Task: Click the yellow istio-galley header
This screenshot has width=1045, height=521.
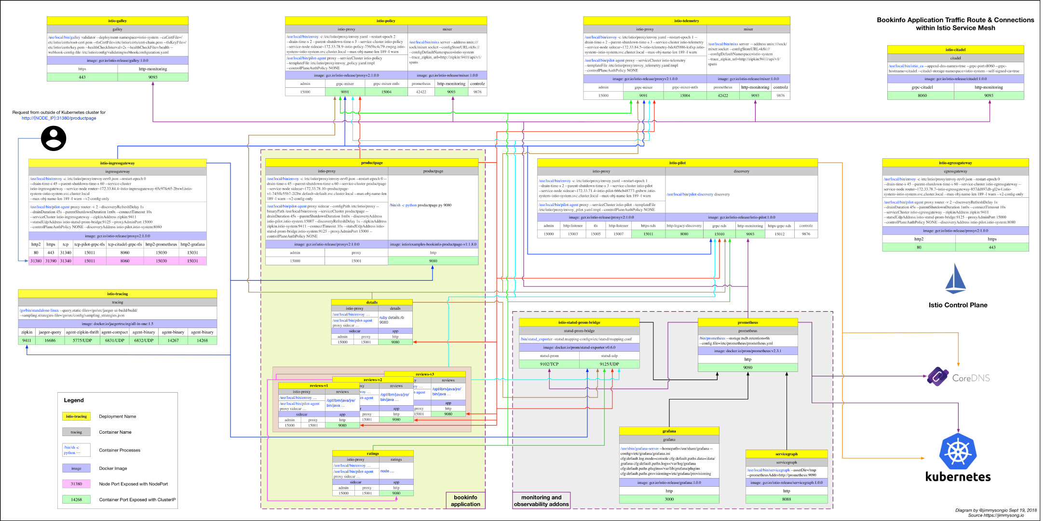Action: (117, 21)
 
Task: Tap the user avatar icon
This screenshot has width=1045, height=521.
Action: (54, 138)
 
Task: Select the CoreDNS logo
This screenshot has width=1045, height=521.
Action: (938, 377)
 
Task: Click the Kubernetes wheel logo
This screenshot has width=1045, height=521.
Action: (958, 452)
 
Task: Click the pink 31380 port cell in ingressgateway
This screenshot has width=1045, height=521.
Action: (36, 261)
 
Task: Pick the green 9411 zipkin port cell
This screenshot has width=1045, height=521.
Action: (27, 341)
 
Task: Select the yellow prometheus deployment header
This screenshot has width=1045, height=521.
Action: (747, 322)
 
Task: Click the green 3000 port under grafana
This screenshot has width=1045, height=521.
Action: (669, 499)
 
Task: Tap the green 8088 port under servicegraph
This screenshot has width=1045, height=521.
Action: (786, 499)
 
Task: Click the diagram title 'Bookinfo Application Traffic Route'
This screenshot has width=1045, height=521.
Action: (955, 20)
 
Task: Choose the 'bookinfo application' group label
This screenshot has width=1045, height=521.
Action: (465, 501)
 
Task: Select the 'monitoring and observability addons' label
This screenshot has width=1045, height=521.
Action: (541, 501)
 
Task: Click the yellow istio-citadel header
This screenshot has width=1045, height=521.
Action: (955, 50)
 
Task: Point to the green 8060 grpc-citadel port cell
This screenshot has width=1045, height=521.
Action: (922, 96)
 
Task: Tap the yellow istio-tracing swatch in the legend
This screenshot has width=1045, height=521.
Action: (76, 416)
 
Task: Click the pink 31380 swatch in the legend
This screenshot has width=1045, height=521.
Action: (76, 484)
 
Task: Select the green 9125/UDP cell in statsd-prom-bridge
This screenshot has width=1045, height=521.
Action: (609, 364)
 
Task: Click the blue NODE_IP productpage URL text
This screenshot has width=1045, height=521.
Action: (59, 118)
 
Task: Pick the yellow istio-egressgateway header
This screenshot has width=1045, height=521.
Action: (955, 163)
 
